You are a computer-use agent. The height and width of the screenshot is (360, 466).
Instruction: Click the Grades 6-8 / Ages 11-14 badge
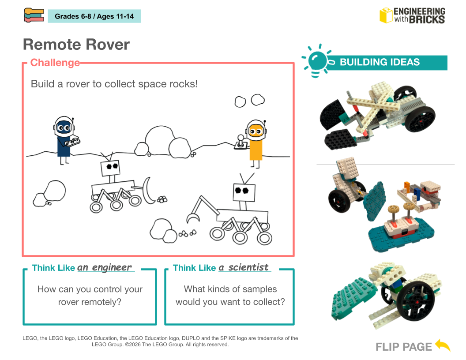coord(94,17)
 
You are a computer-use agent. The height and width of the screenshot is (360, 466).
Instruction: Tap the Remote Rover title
coord(76,45)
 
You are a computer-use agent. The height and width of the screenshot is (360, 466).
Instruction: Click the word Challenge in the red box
coord(55,63)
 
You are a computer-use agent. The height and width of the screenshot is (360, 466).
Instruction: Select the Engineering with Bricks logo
coord(412,15)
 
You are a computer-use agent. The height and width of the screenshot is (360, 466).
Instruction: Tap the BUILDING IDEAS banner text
coord(380,62)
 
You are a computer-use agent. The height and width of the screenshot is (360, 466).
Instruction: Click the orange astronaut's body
coord(256,149)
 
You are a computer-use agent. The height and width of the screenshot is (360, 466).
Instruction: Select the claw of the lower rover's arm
coord(192,217)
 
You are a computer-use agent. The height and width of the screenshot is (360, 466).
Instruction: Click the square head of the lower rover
coord(242,190)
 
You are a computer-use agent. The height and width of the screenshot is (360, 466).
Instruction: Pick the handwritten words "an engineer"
coord(105,267)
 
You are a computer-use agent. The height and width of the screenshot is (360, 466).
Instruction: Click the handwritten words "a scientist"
coord(244,267)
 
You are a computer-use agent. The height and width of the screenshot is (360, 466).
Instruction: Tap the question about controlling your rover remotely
coord(90,296)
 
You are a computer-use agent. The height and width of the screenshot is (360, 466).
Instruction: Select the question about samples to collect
coord(230,296)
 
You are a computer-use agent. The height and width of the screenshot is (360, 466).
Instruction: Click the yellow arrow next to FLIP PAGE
coord(443,345)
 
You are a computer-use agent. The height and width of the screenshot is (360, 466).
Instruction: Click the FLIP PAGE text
coord(404,347)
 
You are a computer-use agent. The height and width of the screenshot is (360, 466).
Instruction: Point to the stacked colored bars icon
coord(34,15)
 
